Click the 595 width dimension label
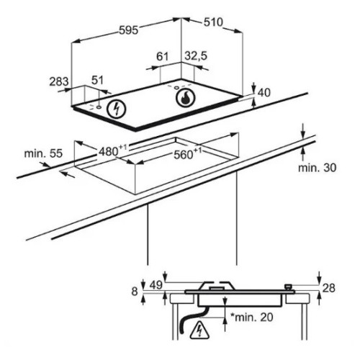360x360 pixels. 129,30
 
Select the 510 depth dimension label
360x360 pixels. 213,22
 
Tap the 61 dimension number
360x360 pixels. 163,57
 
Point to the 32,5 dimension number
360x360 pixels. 196,56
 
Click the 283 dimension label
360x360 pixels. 59,81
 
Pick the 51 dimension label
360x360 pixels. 97,80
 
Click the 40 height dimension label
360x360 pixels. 264,93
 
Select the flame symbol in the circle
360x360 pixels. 185,98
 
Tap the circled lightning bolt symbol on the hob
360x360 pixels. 117,109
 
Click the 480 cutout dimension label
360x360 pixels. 113,150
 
